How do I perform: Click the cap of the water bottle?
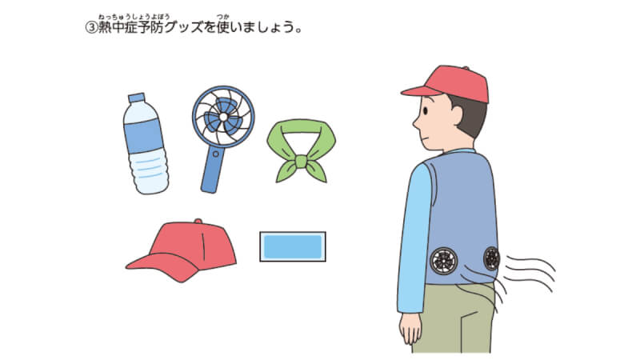(137, 98)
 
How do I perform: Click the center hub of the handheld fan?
(223, 117)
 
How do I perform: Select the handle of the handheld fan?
(212, 170)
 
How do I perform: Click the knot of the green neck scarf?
(301, 162)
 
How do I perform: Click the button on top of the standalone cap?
(198, 222)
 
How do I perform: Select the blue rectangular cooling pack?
(293, 246)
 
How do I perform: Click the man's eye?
(426, 110)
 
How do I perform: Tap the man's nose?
(416, 122)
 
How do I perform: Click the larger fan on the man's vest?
(443, 261)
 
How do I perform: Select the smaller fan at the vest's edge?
(491, 258)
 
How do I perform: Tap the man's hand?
(410, 328)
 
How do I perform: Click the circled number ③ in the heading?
(90, 27)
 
